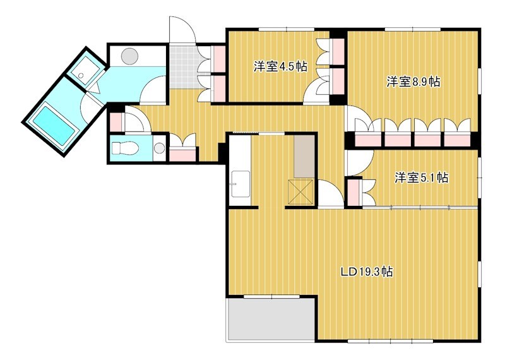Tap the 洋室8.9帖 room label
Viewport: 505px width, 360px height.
point(413,81)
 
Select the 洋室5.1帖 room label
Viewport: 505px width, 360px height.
point(422,178)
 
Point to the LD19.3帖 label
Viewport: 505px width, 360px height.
point(367,272)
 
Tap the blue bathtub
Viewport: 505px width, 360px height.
point(54,123)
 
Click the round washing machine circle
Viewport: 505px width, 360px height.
point(130,56)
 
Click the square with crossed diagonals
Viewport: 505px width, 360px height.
point(300,191)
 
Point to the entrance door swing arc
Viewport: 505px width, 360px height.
point(182,29)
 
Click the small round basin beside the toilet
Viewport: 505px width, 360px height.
point(159,149)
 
